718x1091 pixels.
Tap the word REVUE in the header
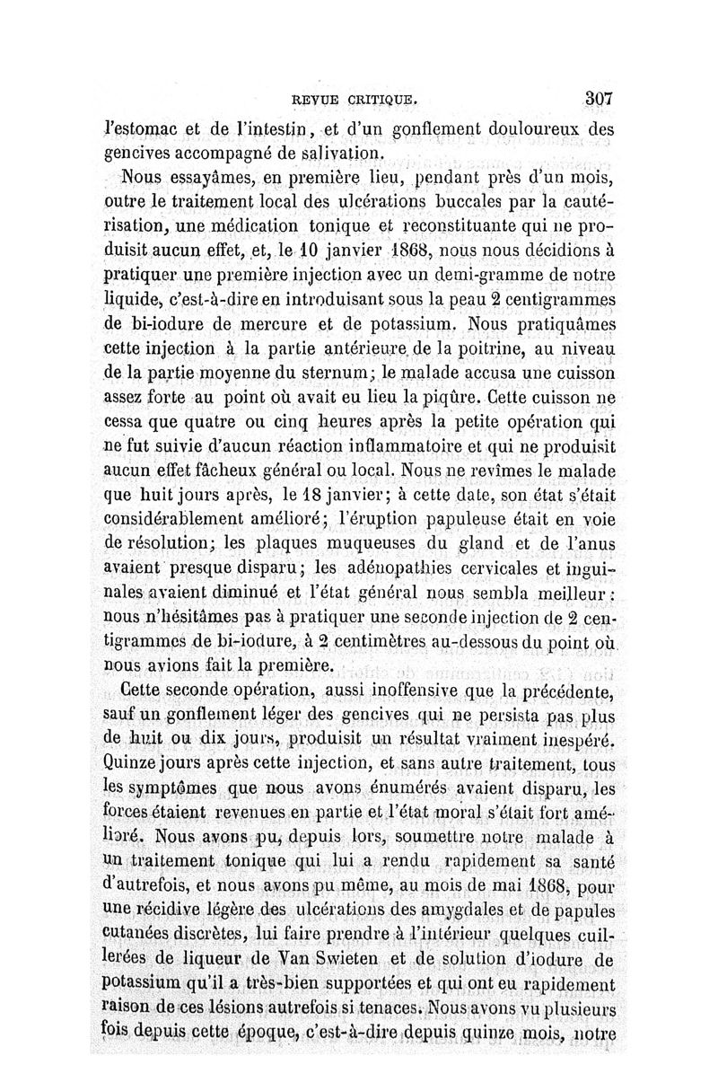pos(316,100)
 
